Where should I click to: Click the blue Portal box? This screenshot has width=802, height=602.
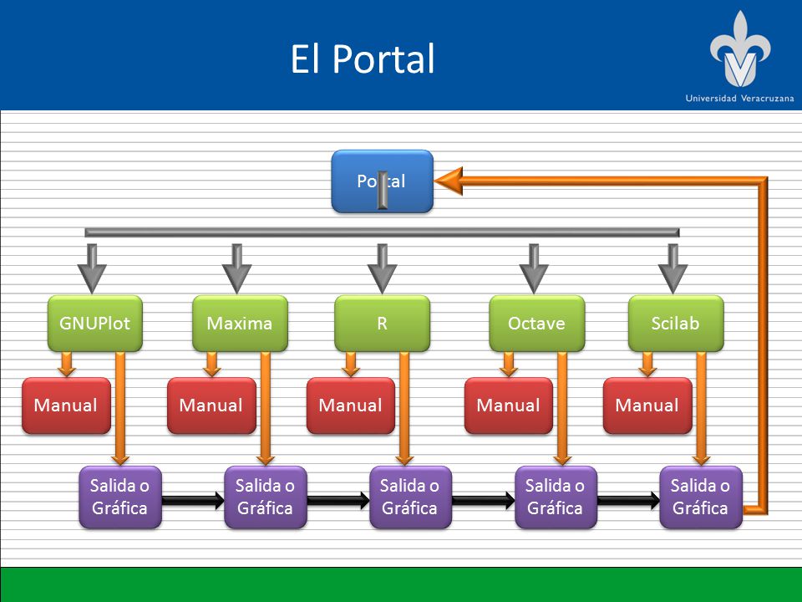pos(382,181)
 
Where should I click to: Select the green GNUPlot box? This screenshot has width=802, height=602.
pos(94,323)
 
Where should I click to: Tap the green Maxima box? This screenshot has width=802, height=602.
pos(240,323)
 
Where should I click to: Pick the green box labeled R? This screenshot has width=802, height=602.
pos(382,323)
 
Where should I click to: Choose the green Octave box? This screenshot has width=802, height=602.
pos(536,323)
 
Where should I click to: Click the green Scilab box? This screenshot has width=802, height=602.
pos(676,323)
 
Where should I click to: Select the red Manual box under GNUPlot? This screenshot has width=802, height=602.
pos(66,406)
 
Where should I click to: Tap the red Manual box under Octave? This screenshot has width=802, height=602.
pos(509,406)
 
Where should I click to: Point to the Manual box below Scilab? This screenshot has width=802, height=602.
pos(647,406)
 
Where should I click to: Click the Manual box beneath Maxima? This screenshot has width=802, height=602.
pos(211,406)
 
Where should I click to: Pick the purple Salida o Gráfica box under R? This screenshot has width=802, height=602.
pos(410,497)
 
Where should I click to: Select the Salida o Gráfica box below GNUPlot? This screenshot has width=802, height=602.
pos(120,497)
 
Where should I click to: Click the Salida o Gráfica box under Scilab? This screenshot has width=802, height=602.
pos(701,497)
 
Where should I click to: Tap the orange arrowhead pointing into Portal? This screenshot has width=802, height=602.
pos(449,181)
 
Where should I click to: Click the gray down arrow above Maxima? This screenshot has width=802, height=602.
pos(236,268)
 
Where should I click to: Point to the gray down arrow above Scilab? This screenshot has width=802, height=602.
pos(673,268)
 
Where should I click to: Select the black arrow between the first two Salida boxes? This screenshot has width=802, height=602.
pos(193,500)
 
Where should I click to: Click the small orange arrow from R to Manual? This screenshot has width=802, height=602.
pos(350,364)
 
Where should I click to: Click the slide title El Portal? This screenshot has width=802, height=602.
pos(363,59)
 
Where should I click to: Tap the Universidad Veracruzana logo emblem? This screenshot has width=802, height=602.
pos(739,49)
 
